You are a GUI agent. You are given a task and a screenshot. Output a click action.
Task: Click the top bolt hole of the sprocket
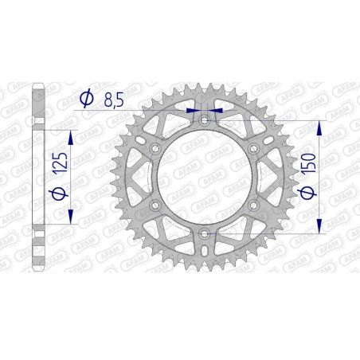pyautogui.click(x=204, y=119)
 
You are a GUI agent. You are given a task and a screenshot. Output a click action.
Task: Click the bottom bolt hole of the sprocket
pyautogui.click(x=204, y=233)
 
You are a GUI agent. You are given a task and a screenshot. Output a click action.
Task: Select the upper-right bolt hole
pyautogui.click(x=253, y=148)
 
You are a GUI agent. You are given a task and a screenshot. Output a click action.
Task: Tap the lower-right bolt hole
pyautogui.click(x=253, y=205)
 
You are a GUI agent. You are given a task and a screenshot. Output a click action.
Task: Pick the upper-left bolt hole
pyautogui.click(x=155, y=148)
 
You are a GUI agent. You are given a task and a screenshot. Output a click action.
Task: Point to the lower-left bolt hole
pyautogui.click(x=155, y=205)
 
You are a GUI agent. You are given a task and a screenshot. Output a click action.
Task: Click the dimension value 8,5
pyautogui.click(x=112, y=100)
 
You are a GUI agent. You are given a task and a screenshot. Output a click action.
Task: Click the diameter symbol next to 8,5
pyautogui.click(x=85, y=100)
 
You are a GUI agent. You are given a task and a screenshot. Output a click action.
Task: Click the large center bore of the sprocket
pyautogui.click(x=204, y=177)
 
